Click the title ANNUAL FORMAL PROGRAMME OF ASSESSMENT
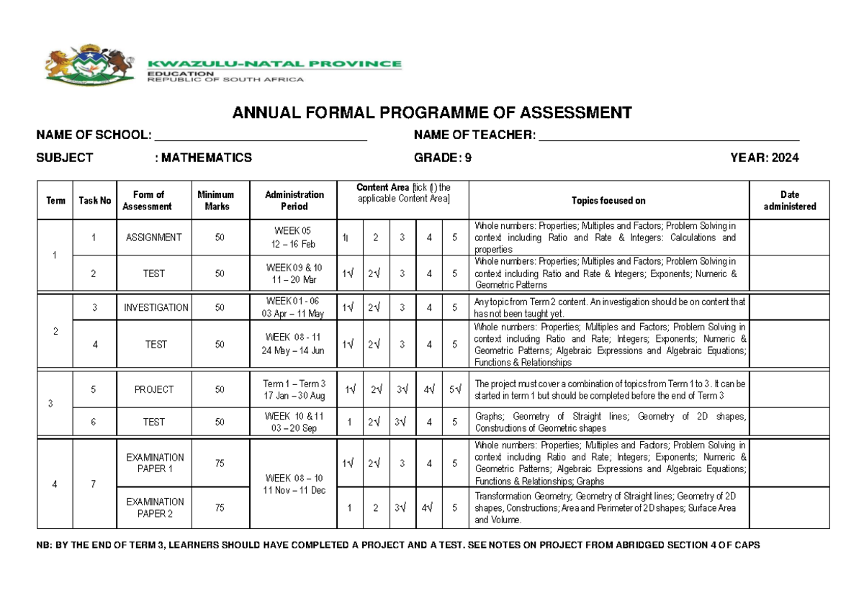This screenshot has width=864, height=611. coord(431,113)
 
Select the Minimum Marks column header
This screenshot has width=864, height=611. coord(217,200)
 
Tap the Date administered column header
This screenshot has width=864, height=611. coord(789,200)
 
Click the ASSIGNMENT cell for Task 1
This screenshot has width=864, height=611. coord(154,237)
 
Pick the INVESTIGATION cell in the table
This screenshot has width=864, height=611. coord(156,307)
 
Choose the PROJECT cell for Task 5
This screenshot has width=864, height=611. coord(154,389)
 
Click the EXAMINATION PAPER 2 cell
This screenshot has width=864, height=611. coord(155,507)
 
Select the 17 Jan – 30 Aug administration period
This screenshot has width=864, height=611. coord(294,396)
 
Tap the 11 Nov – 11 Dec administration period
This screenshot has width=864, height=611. coord(294,490)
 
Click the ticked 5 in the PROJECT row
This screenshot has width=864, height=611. coord(454,389)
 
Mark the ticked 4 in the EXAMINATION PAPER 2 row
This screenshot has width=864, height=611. coord(428,507)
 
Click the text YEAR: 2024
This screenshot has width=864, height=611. coord(764,158)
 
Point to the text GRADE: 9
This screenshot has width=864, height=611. coord(443,158)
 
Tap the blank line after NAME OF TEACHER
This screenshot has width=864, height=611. coord(669,136)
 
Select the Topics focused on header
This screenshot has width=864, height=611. coord(608,200)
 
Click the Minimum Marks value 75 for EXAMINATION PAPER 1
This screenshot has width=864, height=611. coord(219,463)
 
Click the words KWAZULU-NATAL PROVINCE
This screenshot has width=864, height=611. coord(274,64)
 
